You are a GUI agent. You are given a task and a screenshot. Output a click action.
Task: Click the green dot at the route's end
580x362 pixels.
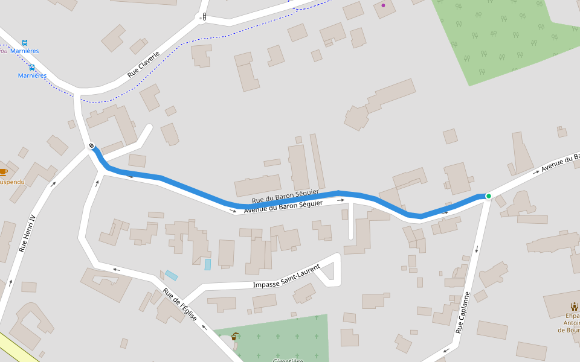pyautogui.click(x=489, y=196)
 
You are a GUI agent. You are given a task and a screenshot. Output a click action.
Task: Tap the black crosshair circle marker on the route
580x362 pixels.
pyautogui.click(x=91, y=145)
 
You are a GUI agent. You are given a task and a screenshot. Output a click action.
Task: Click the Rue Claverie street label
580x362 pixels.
pyautogui.click(x=143, y=65)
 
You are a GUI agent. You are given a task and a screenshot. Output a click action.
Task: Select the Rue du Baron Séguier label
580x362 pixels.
pyautogui.click(x=276, y=196)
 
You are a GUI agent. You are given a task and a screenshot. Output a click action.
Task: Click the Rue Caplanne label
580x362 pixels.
pyautogui.click(x=463, y=313)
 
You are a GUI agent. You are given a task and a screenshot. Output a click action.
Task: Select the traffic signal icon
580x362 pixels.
pyautogui.click(x=204, y=16)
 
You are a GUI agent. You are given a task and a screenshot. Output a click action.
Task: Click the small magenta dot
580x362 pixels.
pyautogui.click(x=383, y=5)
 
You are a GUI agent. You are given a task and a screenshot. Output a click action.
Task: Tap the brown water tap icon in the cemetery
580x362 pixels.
pyautogui.click(x=234, y=336)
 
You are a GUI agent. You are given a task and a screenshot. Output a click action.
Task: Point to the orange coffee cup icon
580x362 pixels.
pyautogui.click(x=3, y=173)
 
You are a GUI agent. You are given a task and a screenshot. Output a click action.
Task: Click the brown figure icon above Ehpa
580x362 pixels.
pyautogui.click(x=574, y=306)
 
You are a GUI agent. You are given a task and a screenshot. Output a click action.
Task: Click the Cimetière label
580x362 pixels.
pyautogui.click(x=288, y=360)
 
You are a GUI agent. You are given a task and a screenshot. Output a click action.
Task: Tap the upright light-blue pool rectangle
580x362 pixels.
pyautogui.click(x=208, y=264)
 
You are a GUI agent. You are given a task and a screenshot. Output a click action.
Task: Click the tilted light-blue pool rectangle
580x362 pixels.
pyautogui.click(x=172, y=275)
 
